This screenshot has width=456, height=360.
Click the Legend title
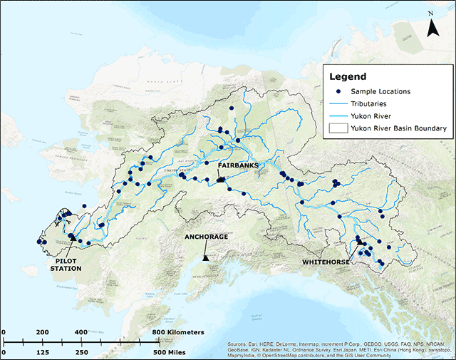click(347, 76)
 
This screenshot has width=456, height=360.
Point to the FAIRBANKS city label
click(237, 165)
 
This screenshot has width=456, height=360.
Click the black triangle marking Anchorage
click(205, 258)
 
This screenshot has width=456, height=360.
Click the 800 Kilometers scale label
click(181, 332)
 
